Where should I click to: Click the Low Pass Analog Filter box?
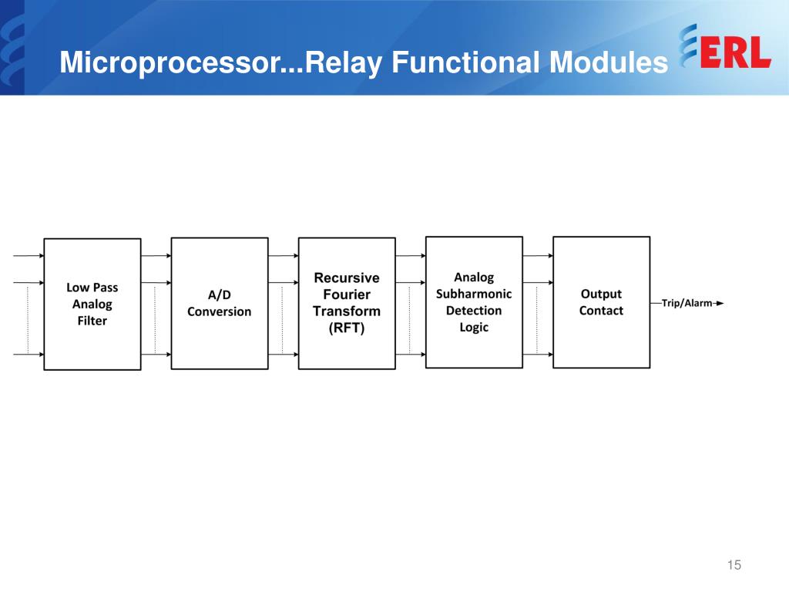coord(92,304)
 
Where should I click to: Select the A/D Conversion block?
coord(220,303)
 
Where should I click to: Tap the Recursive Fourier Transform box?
coord(347,303)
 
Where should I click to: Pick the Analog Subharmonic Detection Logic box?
coord(474,301)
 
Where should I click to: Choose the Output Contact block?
coord(601,301)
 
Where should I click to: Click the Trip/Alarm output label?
coord(687,303)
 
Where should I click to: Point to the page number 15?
coord(734,566)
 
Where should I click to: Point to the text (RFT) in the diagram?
coord(347,328)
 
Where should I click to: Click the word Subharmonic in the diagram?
coord(474,294)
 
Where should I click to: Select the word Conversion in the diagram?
coord(220,311)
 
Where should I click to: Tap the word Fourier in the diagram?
coord(347,294)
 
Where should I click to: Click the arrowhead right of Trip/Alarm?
coord(720,303)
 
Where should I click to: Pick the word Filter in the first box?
coord(92,321)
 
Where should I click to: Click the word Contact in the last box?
coord(601,311)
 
